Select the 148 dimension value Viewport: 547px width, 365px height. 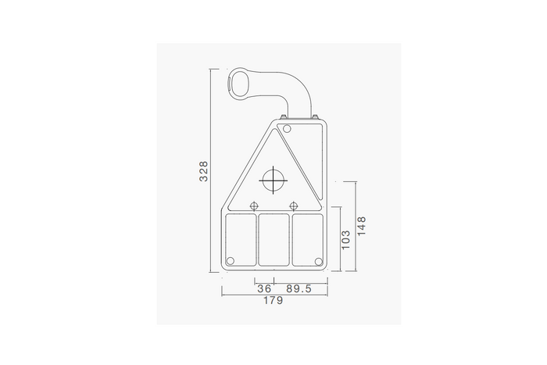(x=362, y=226)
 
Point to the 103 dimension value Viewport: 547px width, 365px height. (x=345, y=239)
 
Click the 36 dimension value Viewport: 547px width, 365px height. (x=264, y=288)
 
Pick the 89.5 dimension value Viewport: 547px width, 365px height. (x=299, y=288)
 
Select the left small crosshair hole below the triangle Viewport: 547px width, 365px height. (x=254, y=206)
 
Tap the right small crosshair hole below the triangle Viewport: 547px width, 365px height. (x=293, y=206)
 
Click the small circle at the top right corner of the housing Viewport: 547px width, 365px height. (x=287, y=128)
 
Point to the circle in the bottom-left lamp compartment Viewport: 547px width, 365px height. (x=230, y=261)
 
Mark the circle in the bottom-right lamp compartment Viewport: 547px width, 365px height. (x=317, y=261)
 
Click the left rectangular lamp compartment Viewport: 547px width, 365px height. (x=240, y=238)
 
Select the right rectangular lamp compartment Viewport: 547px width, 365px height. (x=307, y=238)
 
